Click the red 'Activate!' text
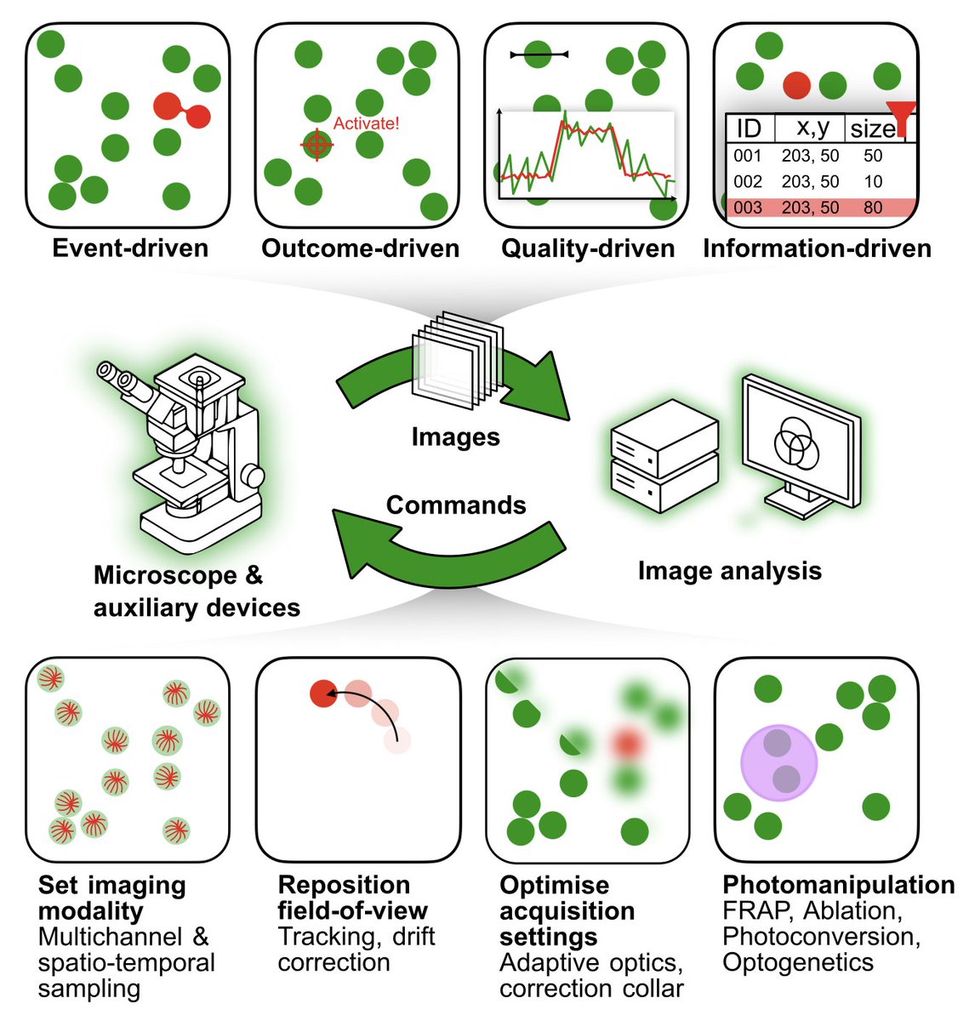[366, 123]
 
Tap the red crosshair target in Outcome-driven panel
[317, 145]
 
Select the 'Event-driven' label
[130, 248]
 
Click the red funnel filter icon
[901, 116]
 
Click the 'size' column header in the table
[873, 128]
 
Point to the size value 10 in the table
[873, 181]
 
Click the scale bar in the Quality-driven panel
[539, 54]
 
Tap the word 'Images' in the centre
[455, 436]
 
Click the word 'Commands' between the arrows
[456, 505]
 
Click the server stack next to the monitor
[664, 455]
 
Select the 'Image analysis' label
[729, 570]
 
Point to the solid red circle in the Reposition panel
[323, 693]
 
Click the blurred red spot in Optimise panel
[627, 743]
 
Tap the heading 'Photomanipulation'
[838, 885]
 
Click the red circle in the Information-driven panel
[796, 85]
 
